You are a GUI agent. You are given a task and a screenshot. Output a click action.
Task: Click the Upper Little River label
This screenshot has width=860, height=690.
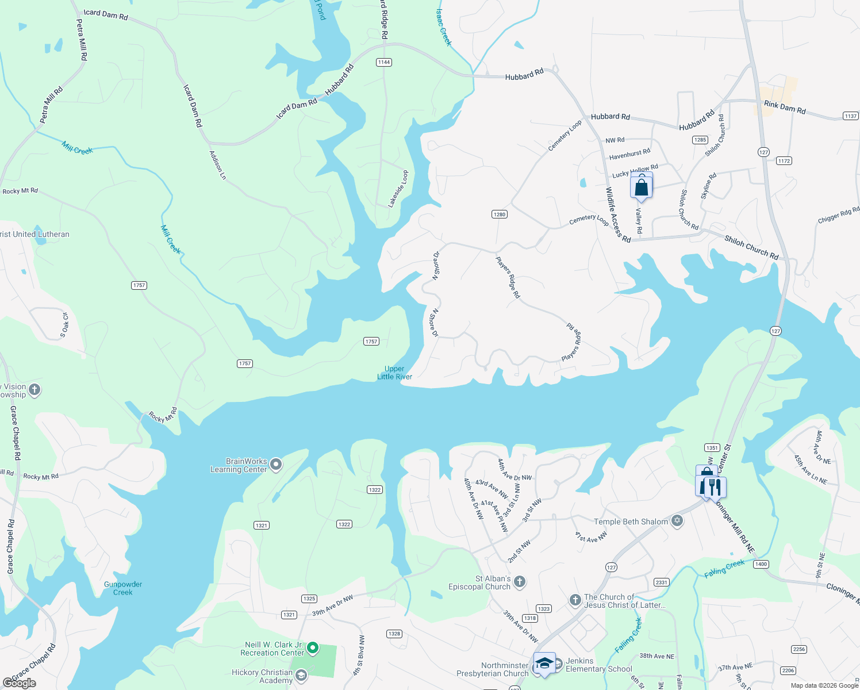pyautogui.click(x=394, y=373)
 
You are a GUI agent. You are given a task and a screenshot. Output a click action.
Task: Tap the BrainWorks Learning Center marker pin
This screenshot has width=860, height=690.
pyautogui.click(x=276, y=464)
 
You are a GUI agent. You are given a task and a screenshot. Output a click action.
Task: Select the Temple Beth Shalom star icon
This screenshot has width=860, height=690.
pyautogui.click(x=677, y=521)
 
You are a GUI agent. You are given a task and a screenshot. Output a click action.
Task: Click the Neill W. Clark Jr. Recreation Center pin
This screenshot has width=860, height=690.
pyautogui.click(x=313, y=648)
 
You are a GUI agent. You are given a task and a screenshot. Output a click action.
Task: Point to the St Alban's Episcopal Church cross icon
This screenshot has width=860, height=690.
pyautogui.click(x=520, y=582)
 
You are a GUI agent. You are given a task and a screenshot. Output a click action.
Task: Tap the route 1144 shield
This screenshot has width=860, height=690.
pyautogui.click(x=384, y=62)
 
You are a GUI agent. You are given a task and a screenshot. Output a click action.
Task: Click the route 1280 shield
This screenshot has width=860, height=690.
pyautogui.click(x=499, y=214)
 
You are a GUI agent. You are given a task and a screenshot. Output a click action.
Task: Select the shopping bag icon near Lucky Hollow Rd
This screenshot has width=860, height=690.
pyautogui.click(x=641, y=187)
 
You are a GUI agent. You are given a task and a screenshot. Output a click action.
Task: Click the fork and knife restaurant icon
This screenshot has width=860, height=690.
pyautogui.click(x=715, y=487)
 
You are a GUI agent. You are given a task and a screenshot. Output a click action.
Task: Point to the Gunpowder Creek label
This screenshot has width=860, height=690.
pyautogui.click(x=123, y=588)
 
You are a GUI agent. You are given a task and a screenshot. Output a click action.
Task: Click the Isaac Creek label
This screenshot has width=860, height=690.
pyautogui.click(x=443, y=27)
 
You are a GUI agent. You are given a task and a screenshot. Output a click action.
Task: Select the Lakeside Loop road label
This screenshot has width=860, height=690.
pyautogui.click(x=398, y=189)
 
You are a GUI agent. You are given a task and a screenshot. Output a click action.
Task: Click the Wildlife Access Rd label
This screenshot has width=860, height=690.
pyautogui.click(x=618, y=214)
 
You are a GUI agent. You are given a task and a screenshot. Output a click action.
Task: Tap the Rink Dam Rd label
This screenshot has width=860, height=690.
pyautogui.click(x=785, y=107)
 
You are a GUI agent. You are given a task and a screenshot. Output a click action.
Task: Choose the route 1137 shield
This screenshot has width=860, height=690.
pyautogui.click(x=851, y=116)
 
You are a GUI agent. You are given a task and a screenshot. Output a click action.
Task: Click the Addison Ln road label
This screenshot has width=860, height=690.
pyautogui.click(x=218, y=165)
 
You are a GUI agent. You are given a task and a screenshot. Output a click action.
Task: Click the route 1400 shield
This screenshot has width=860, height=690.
pyautogui.click(x=761, y=564)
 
